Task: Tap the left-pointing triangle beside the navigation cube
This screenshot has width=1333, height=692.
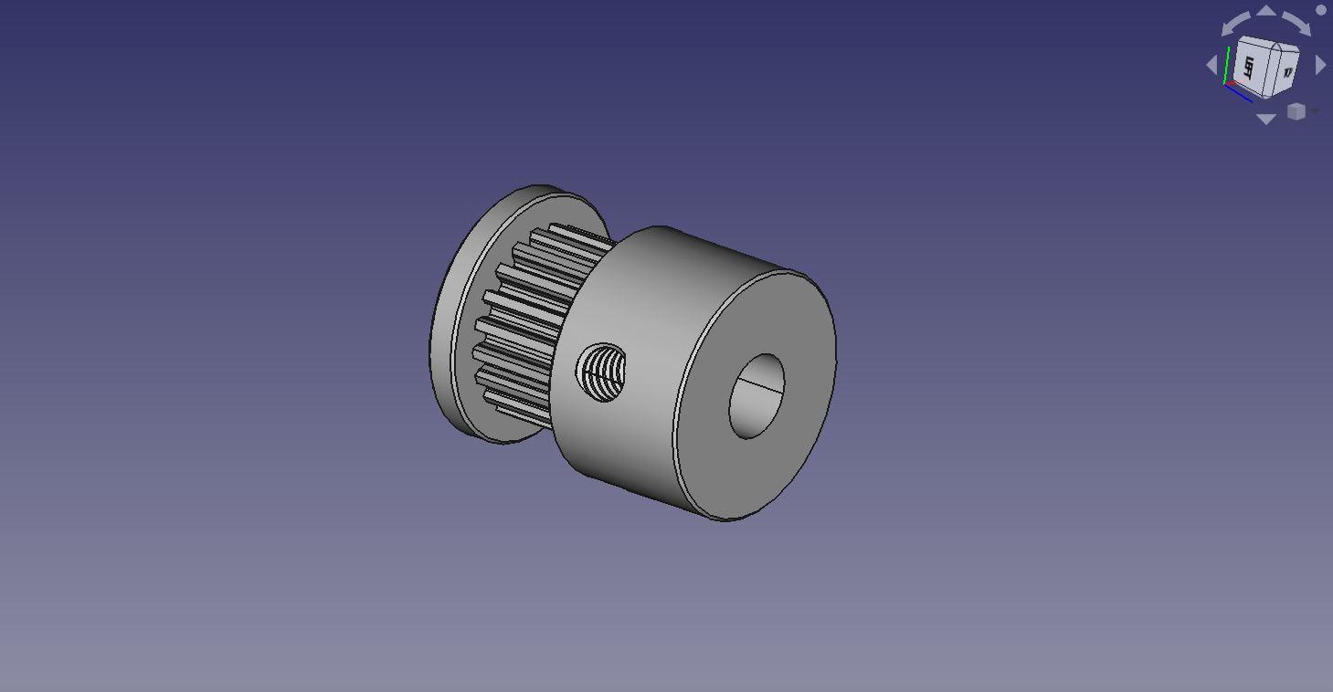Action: coord(1212,65)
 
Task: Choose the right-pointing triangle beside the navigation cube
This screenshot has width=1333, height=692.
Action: coord(1320,65)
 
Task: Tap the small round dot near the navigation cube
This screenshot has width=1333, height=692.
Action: coord(1321,10)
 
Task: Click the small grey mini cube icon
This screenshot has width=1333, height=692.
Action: coord(1296,111)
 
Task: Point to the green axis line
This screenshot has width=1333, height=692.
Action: coord(1227,64)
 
